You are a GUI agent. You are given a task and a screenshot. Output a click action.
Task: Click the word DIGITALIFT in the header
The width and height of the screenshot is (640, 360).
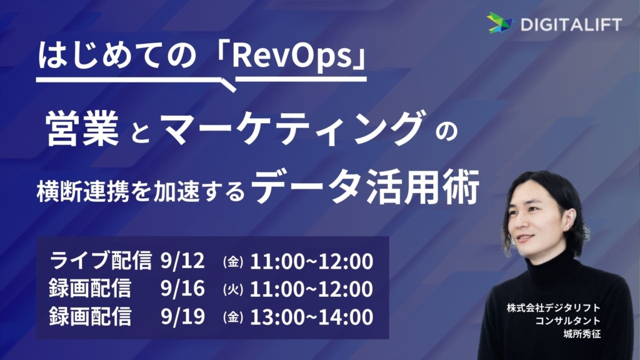click(571, 24)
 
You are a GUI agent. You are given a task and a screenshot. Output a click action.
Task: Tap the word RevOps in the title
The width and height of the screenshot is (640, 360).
click(291, 56)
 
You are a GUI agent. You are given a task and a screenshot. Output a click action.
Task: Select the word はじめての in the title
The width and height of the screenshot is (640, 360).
click(117, 55)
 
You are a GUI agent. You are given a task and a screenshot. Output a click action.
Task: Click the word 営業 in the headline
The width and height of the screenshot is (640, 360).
click(83, 129)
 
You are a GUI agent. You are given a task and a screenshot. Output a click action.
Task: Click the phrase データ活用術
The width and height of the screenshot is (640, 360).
click(365, 186)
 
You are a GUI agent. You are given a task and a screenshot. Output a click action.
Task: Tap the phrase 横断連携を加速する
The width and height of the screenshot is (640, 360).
click(141, 191)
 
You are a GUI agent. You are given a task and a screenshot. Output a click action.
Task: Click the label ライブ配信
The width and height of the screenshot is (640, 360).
click(101, 261)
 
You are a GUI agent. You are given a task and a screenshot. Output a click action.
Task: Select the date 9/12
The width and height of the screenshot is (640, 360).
click(182, 261)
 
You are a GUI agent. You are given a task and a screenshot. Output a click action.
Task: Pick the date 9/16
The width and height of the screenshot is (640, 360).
click(182, 289)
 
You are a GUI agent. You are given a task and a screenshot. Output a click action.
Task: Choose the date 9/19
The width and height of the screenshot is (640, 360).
click(182, 316)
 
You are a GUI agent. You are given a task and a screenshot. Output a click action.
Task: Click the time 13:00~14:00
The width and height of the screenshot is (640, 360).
click(311, 317)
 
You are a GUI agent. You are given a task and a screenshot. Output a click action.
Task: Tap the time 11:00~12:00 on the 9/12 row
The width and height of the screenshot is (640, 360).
click(311, 262)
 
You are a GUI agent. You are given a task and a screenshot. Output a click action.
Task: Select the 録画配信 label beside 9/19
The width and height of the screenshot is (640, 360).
click(90, 316)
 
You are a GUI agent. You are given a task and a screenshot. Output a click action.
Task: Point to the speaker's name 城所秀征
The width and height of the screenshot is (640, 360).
click(582, 334)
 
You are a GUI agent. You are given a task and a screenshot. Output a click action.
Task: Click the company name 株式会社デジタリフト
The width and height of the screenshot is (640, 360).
click(554, 307)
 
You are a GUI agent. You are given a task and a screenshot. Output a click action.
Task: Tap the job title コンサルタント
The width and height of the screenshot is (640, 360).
click(567, 321)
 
